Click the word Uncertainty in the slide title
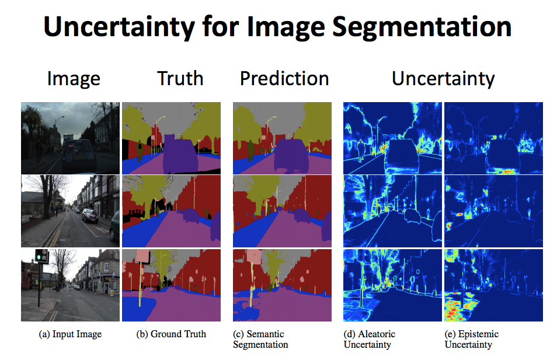coord(133,27)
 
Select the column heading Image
coord(74,79)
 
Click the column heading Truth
coord(180,79)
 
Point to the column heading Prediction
coord(284,79)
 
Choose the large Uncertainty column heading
coord(443,79)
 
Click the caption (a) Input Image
coord(69,334)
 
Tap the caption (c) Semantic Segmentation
coord(260,339)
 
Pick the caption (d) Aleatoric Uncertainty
coord(369,339)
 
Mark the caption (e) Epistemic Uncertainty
coord(471,339)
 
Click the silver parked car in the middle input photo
coord(90,215)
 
